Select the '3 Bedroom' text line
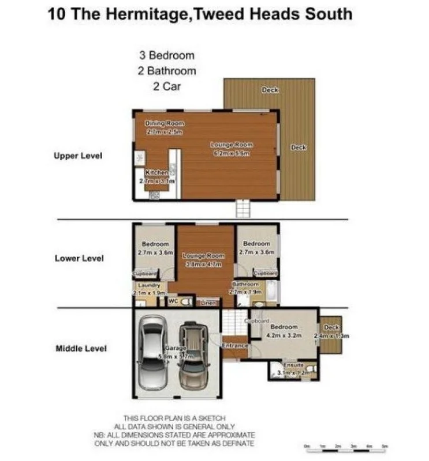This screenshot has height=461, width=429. [166, 56]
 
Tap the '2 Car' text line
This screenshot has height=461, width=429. [166, 86]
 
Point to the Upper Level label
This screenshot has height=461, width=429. [78, 156]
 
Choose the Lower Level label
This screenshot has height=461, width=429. [79, 258]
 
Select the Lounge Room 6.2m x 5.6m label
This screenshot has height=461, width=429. [232, 149]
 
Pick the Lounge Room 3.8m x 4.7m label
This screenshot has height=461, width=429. [203, 259]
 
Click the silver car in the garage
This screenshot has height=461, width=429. [153, 354]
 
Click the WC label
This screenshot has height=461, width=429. [172, 301]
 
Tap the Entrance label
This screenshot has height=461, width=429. [235, 346]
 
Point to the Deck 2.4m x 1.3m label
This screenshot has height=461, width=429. [331, 331]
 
